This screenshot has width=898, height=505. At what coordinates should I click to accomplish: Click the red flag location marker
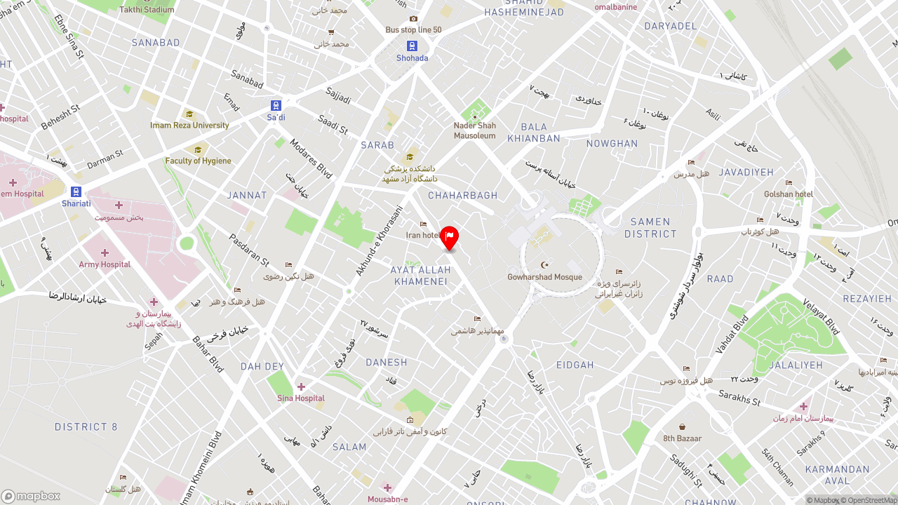tap(450, 237)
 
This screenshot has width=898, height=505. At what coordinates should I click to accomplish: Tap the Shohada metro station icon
tap(412, 46)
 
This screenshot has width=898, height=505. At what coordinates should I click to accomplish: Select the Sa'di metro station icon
tap(276, 105)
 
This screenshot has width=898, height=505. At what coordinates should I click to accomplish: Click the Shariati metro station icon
tap(76, 191)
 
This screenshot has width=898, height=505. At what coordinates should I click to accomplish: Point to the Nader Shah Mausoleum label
tap(475, 131)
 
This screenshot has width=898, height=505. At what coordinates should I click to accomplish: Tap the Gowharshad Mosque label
tap(545, 277)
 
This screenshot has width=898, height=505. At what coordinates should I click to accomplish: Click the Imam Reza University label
tap(189, 126)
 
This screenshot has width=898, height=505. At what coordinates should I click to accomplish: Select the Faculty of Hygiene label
tap(198, 161)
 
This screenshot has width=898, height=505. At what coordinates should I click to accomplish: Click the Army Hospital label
tap(105, 264)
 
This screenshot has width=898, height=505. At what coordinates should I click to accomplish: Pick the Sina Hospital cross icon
tap(301, 386)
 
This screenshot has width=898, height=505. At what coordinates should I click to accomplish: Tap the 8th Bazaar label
tap(682, 438)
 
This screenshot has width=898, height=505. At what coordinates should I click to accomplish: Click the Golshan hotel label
tap(789, 194)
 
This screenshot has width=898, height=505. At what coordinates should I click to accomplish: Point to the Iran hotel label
tap(422, 236)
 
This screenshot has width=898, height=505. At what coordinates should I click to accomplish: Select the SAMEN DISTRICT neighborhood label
tap(650, 228)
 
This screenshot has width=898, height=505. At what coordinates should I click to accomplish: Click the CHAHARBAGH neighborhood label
tap(462, 196)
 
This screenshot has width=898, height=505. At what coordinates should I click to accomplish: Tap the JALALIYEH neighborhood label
tap(796, 365)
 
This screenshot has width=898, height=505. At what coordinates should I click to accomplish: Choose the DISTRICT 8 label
tap(86, 427)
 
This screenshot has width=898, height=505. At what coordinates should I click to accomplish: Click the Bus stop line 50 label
tap(413, 30)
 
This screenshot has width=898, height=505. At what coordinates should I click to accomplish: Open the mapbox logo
tap(31, 496)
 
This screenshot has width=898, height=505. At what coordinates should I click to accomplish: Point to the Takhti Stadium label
tap(147, 10)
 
